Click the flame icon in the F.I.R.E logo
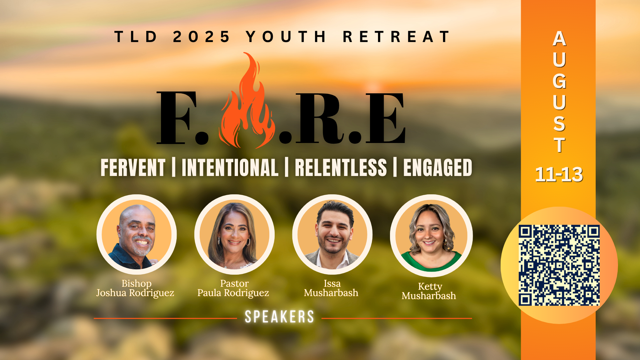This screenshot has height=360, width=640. coord(247,103)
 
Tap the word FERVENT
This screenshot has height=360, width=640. coord(133,167)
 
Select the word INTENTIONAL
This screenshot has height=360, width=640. coord(230,167)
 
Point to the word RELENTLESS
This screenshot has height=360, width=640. coord(341,167)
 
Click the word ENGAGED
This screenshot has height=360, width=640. coord(438,167)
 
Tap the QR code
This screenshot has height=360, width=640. coord(559,265)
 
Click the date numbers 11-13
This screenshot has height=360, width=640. coord(559,174)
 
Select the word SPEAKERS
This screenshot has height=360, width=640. coord(279,317)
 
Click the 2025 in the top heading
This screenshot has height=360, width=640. coord(201,37)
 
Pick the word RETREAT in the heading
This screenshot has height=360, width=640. coord(396,37)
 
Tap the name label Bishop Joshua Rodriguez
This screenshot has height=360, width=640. coord(135,288)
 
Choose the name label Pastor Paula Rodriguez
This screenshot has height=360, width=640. coord(233,288)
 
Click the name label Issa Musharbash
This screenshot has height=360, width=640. coord(331,288)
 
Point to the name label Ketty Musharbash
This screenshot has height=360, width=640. coord(429,291)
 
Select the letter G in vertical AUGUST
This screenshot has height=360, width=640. coord(559,81)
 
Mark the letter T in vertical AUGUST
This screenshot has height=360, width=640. coord(559,145)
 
